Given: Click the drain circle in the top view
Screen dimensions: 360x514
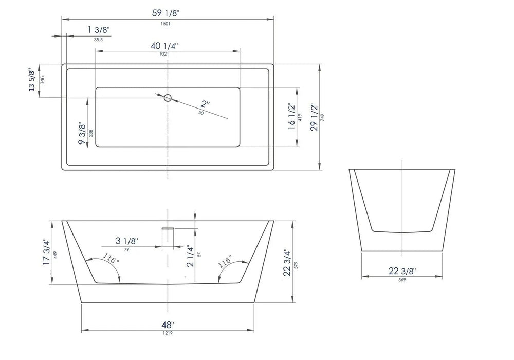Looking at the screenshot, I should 168,97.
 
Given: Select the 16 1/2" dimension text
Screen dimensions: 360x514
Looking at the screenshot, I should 291,117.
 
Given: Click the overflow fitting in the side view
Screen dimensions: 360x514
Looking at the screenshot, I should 168,229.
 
